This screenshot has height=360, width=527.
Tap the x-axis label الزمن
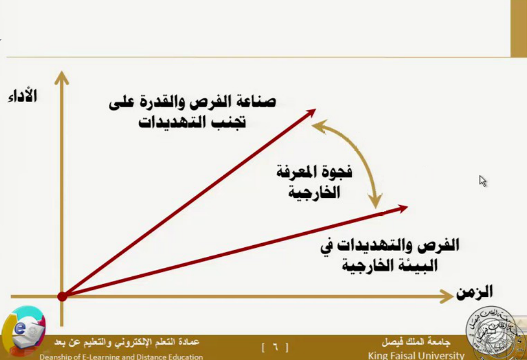pos(474,292)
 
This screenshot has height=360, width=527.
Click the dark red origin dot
pos(62,296)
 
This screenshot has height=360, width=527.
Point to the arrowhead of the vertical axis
pos(62,78)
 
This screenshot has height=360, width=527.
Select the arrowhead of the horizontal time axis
pos(446,296)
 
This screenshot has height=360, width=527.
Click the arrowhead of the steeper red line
pos(310,113)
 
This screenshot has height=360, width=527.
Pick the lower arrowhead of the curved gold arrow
pos(376,201)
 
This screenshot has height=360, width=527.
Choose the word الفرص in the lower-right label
pos(438,245)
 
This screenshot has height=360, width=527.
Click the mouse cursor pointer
pos(482,181)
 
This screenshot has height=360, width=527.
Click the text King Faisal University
pos(416,355)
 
